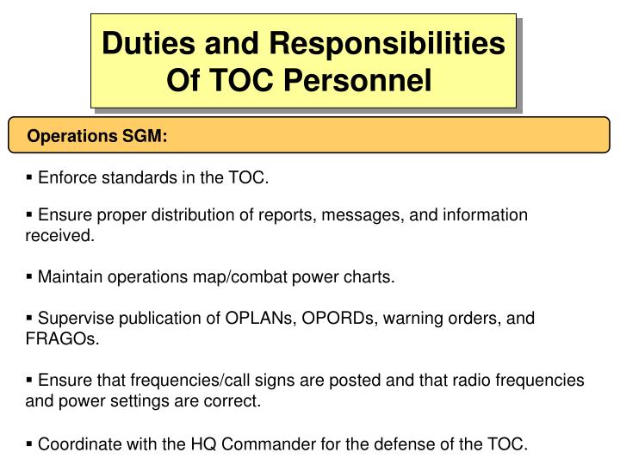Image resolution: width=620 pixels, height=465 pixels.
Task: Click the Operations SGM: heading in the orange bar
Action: tap(97, 137)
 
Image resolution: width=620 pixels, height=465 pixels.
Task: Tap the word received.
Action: tap(59, 235)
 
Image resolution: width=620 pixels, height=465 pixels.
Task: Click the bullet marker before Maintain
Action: tap(30, 276)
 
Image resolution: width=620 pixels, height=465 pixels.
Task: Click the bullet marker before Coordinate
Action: tap(30, 443)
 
